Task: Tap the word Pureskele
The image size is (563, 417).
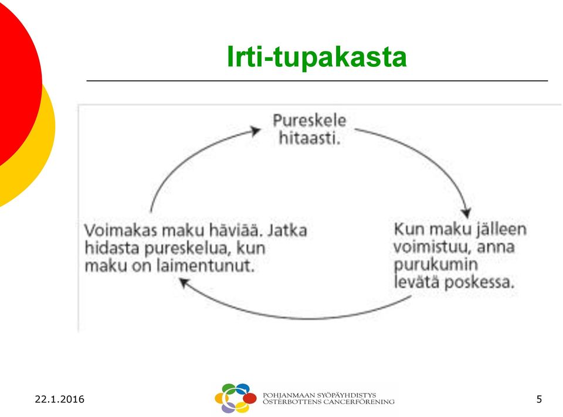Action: point(310,120)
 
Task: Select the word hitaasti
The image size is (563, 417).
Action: point(310,138)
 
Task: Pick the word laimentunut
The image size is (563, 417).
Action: point(205,266)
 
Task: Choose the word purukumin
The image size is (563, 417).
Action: point(436,265)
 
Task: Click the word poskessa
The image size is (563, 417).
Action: point(480,282)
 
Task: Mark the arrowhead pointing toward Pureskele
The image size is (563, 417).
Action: point(255,131)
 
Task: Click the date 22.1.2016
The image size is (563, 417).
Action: point(60,399)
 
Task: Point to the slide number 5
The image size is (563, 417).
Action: point(539,399)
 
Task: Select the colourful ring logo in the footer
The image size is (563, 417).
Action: point(236,398)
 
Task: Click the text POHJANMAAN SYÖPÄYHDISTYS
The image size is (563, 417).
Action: point(320,395)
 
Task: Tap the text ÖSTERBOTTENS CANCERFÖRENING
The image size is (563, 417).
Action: point(328,402)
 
